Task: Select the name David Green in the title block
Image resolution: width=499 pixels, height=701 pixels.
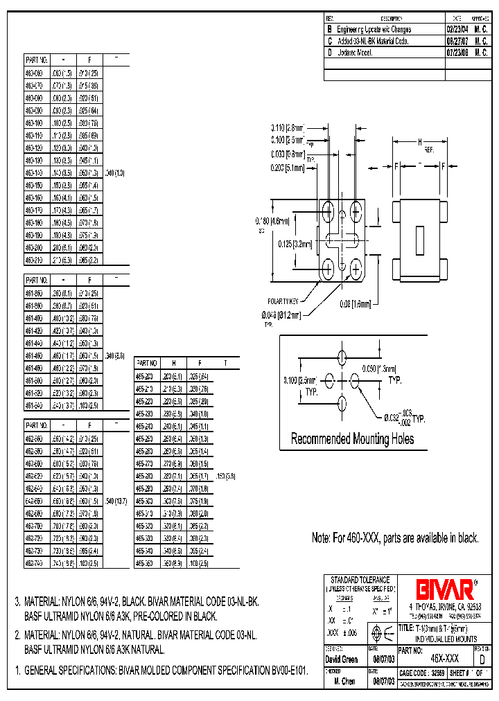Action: coord(341,659)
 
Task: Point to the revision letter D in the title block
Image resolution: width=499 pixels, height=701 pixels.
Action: coord(482,659)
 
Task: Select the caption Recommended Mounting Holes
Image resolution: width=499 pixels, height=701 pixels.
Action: coord(352,438)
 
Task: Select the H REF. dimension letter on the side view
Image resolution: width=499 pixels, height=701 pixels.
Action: coord(419,142)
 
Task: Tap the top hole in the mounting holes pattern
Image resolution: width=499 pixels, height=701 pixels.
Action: coord(341,357)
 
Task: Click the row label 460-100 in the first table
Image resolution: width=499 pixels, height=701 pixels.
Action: coord(34,122)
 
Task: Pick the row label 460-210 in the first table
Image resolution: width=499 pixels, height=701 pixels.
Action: coord(34,260)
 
